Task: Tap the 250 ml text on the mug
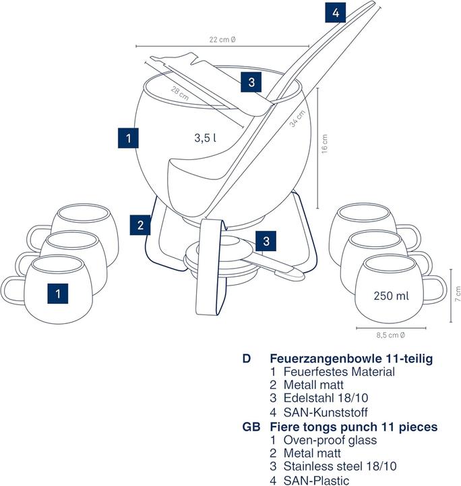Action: point(390,295)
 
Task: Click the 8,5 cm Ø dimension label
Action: point(390,333)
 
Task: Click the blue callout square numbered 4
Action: point(335,12)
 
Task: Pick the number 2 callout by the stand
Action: point(141,224)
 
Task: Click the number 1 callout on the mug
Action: point(59,294)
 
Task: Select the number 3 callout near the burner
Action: point(267,240)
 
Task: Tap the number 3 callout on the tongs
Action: point(251,82)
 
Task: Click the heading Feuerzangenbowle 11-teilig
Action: point(350,358)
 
